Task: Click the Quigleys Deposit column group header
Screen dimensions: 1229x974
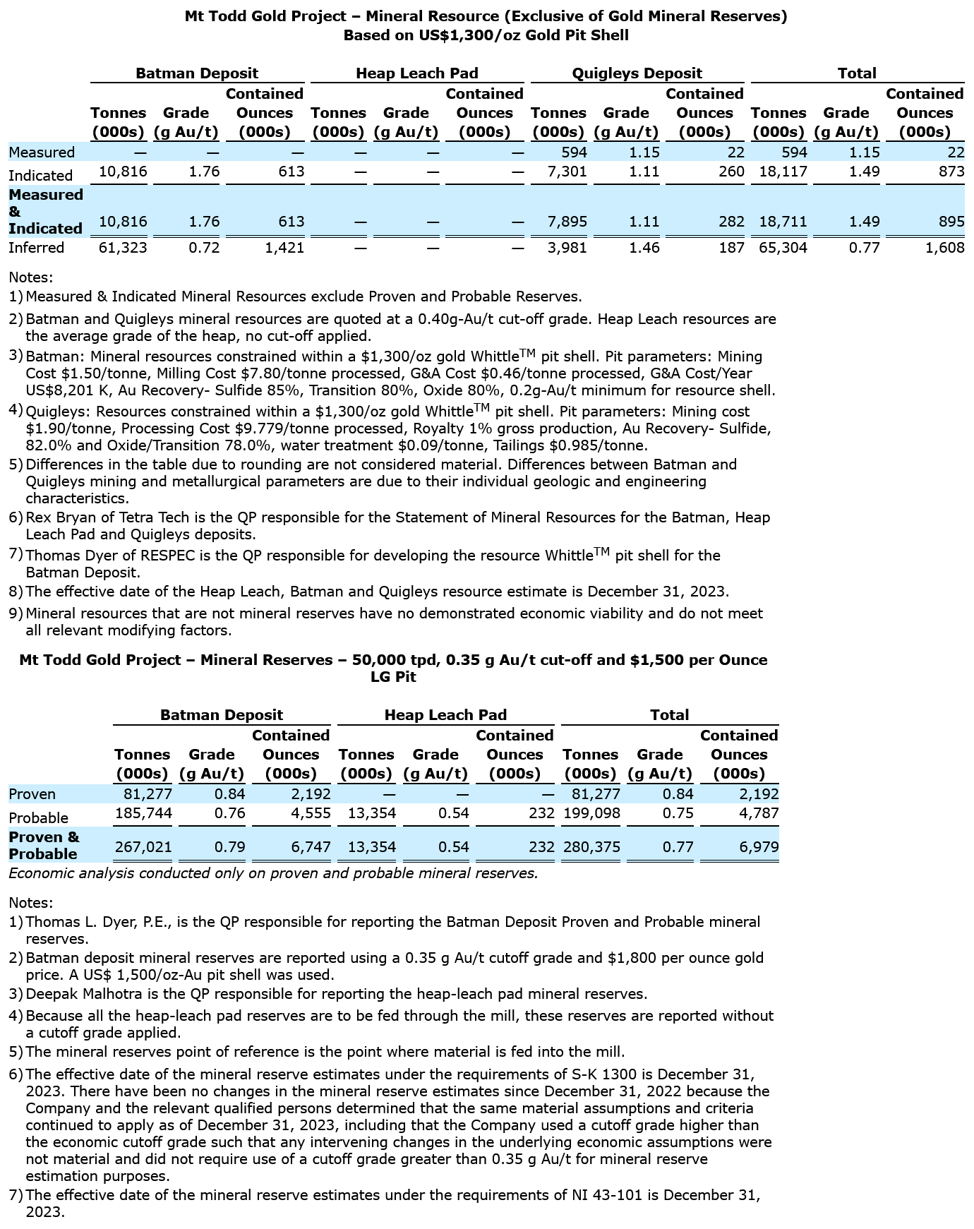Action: coord(637,73)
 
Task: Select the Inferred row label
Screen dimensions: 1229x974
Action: coord(36,248)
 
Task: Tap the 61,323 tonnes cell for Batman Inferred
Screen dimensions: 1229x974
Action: coord(124,248)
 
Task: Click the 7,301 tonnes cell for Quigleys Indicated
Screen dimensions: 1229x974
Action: coord(567,172)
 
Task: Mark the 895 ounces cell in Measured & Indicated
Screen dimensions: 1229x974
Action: coord(952,222)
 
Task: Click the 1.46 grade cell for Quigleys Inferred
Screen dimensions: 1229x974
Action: coord(644,248)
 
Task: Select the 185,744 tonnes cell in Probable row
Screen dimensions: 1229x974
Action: coord(143,813)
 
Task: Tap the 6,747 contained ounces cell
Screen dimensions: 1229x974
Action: coord(311,847)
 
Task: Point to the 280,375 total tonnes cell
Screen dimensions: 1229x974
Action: coord(591,847)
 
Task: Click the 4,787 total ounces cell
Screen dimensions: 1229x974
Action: coord(759,813)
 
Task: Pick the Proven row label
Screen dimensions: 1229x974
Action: coord(32,795)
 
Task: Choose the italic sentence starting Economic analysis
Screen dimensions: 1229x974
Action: coord(273,874)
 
